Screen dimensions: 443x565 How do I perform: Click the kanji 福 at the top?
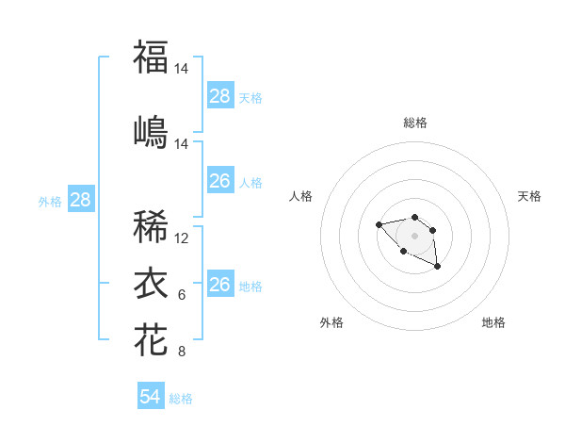pos(151,57)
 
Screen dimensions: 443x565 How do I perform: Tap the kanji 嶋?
pos(151,131)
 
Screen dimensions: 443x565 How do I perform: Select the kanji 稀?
pos(151,226)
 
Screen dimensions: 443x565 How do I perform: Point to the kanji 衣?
pos(151,283)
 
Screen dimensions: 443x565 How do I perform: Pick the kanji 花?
pos(151,339)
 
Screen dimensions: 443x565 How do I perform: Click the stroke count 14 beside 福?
pos(182,69)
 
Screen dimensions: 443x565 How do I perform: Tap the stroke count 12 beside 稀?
pos(182,238)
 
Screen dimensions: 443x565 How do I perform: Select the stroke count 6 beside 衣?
pos(182,295)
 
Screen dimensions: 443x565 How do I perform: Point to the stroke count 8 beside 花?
pos(182,353)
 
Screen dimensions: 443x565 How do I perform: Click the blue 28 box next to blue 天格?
pos(220,96)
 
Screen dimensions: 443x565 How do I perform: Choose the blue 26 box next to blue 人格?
pos(220,181)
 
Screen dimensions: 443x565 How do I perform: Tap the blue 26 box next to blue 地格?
pos(220,284)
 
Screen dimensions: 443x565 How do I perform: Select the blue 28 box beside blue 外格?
pos(80,200)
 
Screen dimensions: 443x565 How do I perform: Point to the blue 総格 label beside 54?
pos(181,399)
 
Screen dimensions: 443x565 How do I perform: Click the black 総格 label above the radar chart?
pos(414,123)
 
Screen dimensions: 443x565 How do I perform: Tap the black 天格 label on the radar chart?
pos(529,196)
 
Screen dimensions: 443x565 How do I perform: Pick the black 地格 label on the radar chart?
pos(493,322)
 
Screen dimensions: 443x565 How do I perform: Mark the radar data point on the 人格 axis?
pos(379,224)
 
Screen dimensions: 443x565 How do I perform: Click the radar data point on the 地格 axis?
pos(438,268)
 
